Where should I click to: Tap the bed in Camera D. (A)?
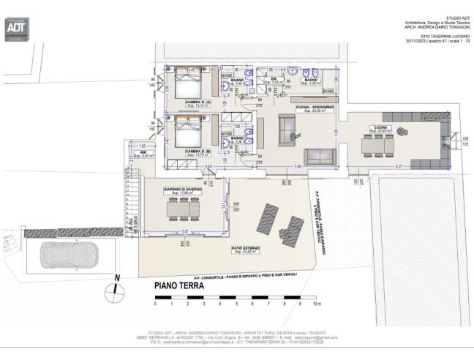(186, 82)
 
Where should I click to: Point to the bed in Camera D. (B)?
(186, 130)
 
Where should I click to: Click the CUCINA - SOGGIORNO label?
(315, 108)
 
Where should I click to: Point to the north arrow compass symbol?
(114, 290)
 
